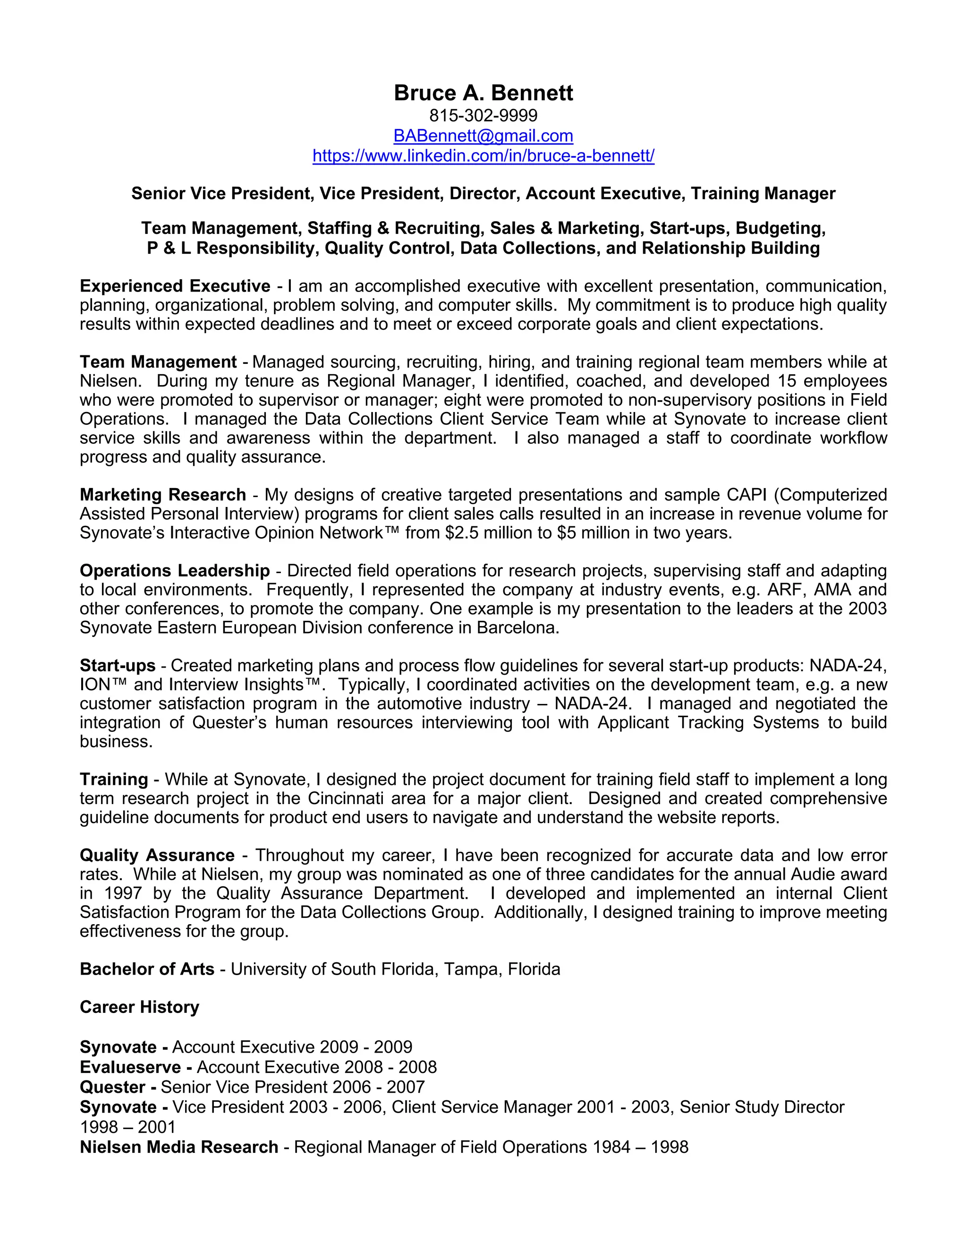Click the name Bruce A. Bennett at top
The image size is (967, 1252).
click(x=483, y=93)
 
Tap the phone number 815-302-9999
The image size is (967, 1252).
click(x=483, y=116)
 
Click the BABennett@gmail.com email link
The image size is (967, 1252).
click(x=483, y=136)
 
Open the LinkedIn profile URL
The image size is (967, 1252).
click(x=483, y=155)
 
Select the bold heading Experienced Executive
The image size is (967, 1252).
click(x=175, y=286)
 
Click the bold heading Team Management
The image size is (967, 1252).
click(x=158, y=362)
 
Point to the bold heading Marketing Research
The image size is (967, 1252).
click(x=163, y=495)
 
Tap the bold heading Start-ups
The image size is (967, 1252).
click(x=118, y=666)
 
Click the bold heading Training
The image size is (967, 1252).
click(x=114, y=779)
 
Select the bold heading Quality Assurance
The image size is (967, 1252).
click(x=157, y=855)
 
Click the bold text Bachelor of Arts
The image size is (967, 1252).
click(x=147, y=969)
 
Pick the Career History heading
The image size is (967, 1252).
click(x=139, y=1007)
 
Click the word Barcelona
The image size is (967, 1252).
click(x=517, y=628)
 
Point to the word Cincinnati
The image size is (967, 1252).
click(x=346, y=798)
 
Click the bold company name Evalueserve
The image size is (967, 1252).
click(x=131, y=1067)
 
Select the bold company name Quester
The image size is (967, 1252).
click(x=112, y=1087)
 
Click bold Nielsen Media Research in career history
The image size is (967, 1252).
click(x=179, y=1147)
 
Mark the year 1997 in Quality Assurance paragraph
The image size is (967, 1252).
click(x=123, y=893)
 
